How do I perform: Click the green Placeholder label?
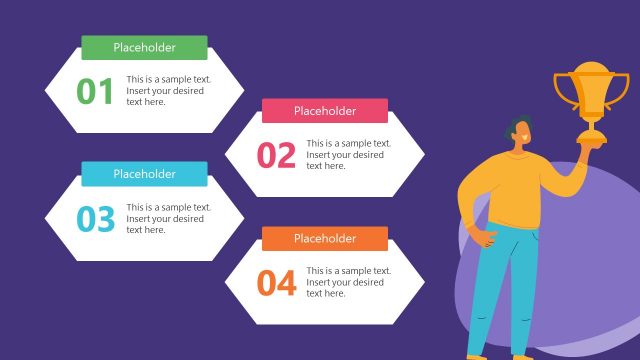coord(144,47)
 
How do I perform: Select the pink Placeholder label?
coord(324,111)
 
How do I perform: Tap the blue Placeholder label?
coord(144,174)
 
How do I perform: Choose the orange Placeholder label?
coord(324,238)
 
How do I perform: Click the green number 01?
coord(96,91)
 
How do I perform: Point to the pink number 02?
coord(276,155)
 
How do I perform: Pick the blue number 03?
coord(96,218)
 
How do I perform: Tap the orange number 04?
coord(276,282)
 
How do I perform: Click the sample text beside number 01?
coord(165,90)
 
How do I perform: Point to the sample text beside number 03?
coord(165,218)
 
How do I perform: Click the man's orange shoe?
coord(476,356)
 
